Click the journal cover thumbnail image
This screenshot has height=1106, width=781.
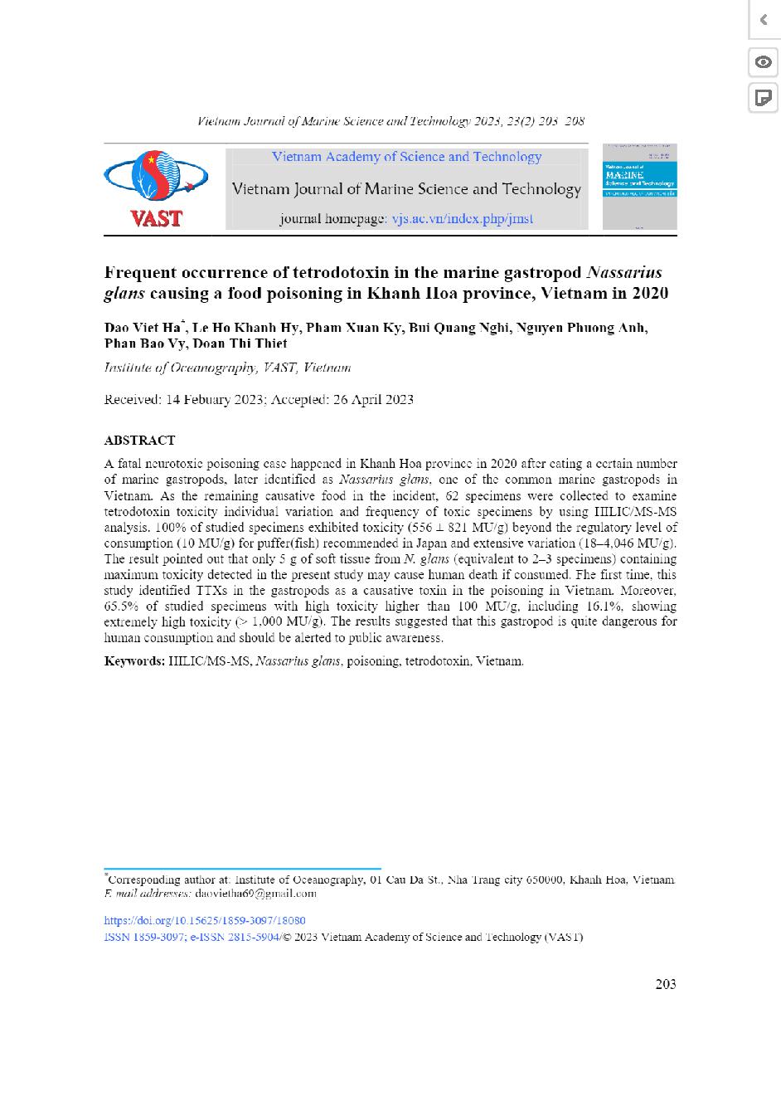tap(639, 187)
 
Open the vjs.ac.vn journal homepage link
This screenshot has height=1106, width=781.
tap(462, 219)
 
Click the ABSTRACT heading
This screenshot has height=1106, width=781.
tap(139, 440)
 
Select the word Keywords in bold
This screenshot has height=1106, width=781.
tap(134, 661)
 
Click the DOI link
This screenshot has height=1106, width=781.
tap(205, 920)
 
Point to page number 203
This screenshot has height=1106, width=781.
tap(665, 984)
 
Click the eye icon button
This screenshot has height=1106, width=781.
tap(763, 62)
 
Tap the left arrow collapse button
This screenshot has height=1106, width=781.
tap(763, 19)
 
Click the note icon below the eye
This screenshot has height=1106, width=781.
tap(763, 98)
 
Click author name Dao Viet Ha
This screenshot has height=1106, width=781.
tap(144, 327)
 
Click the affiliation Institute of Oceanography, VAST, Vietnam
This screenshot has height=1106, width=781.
tap(227, 368)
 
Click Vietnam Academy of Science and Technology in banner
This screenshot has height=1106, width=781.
tap(406, 157)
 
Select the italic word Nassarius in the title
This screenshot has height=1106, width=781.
tap(624, 272)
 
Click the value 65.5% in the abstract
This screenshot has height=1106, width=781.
tap(121, 607)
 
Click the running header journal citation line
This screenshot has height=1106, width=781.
tap(390, 121)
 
